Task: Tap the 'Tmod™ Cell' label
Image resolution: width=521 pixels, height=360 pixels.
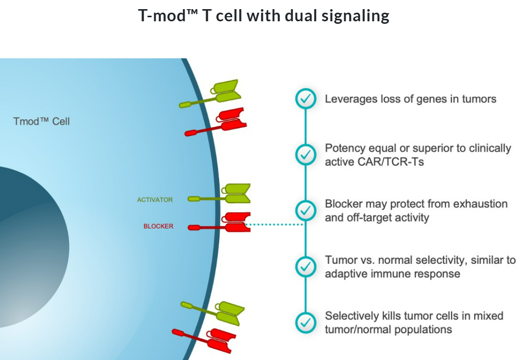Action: (x=42, y=122)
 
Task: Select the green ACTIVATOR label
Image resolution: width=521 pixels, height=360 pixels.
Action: (x=155, y=200)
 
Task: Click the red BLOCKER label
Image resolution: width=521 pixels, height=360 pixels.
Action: (x=158, y=226)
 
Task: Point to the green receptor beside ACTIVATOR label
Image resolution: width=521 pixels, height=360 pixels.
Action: (x=223, y=195)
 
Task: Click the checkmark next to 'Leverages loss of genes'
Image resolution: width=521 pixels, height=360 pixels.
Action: (x=305, y=99)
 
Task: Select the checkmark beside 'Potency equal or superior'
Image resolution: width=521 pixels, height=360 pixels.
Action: (x=305, y=154)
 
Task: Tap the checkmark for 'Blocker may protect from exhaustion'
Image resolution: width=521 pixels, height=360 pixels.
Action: (x=305, y=210)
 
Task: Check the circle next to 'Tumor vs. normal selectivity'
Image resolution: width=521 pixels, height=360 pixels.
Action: (x=305, y=266)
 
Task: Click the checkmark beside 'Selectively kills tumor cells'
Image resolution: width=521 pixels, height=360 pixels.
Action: (x=305, y=322)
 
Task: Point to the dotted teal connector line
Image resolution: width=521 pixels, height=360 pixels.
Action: (x=274, y=224)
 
